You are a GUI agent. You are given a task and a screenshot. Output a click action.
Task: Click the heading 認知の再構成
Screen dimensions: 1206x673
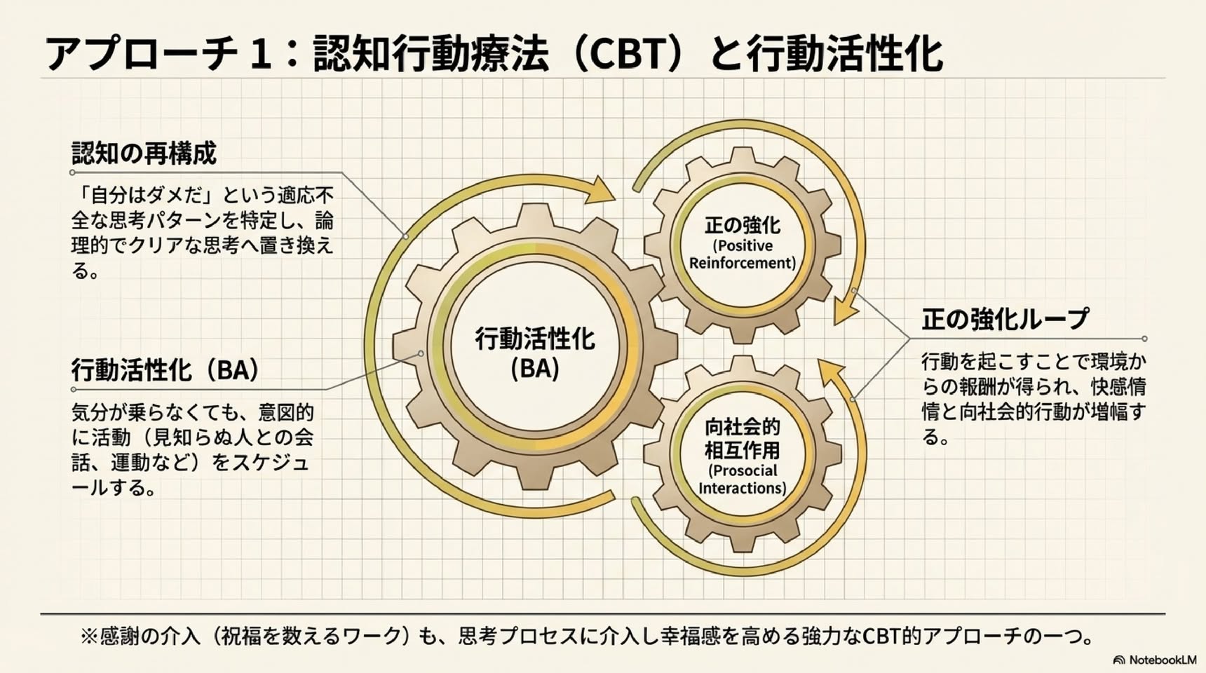click(x=144, y=152)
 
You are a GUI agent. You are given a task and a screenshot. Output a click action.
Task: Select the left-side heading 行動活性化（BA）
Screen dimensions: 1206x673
click(x=165, y=369)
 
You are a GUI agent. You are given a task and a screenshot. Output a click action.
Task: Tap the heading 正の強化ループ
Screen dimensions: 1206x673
click(x=1005, y=320)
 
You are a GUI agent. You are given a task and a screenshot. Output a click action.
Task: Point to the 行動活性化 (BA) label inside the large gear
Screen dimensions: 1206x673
click(x=535, y=353)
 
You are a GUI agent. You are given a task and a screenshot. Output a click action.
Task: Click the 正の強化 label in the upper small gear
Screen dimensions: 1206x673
click(x=743, y=225)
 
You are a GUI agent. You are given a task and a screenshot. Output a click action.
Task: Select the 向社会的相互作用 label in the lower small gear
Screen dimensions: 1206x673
click(x=743, y=437)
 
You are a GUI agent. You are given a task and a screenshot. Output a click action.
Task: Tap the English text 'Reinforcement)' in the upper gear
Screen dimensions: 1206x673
click(x=743, y=263)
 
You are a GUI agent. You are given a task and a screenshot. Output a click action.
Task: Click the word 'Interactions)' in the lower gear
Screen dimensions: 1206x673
click(x=743, y=487)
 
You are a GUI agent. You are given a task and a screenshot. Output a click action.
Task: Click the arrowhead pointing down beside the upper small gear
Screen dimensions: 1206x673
click(x=846, y=311)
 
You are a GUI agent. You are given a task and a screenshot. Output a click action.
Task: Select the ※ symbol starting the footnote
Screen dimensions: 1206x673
click(x=89, y=637)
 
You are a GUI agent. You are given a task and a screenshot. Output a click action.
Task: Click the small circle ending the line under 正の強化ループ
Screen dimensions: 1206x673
click(x=1144, y=339)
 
